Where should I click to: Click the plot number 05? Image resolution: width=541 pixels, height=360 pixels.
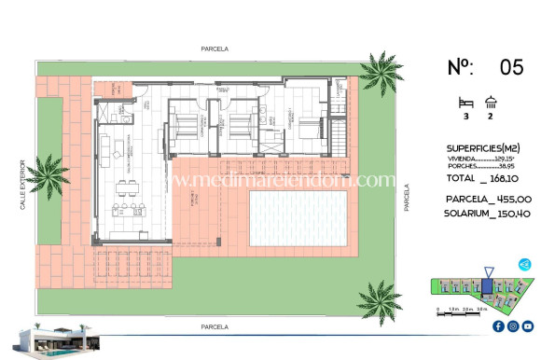pos(512,66)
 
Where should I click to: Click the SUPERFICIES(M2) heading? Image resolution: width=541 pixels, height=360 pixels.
pos(484,148)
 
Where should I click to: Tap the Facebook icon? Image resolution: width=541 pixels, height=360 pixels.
pos(497,325)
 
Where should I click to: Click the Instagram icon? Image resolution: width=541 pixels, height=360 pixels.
pos(512,325)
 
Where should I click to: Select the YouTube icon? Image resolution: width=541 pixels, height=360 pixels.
pos(527,325)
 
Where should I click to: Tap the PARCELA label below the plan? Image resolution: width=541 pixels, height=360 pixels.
pos(214,327)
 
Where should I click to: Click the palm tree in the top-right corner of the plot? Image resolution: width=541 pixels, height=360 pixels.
pos(381,71)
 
